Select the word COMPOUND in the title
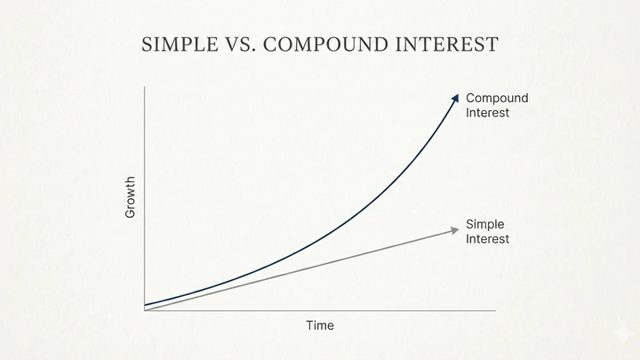[321, 45]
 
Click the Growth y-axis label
[131, 197]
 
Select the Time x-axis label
[320, 325]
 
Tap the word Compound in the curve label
[497, 98]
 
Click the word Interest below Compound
[488, 113]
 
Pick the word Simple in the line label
[485, 224]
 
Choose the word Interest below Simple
[488, 239]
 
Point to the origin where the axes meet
[144, 310]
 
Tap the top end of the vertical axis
[144, 86]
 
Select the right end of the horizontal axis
[494, 310]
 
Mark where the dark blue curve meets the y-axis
[145, 305]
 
